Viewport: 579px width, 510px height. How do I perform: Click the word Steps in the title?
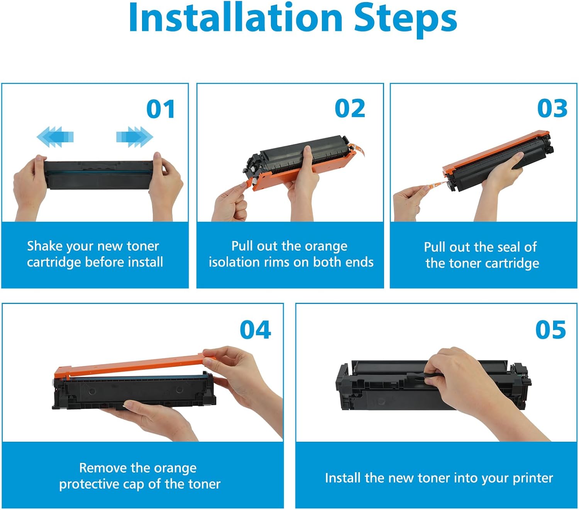pos(406,20)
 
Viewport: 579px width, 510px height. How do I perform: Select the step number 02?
pos(350,108)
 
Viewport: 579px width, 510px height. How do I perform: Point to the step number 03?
pos(552,108)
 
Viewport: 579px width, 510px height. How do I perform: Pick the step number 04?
pos(255,330)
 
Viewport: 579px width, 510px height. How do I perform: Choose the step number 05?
pos(550,330)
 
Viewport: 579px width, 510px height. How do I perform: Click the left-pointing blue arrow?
pos(55,137)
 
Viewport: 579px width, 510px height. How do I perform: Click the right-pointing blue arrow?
pos(135,137)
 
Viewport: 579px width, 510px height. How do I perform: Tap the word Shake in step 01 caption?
pos(44,246)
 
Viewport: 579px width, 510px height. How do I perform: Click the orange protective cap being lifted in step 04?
pos(134,365)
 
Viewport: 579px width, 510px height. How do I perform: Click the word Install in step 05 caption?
pos(343,478)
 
